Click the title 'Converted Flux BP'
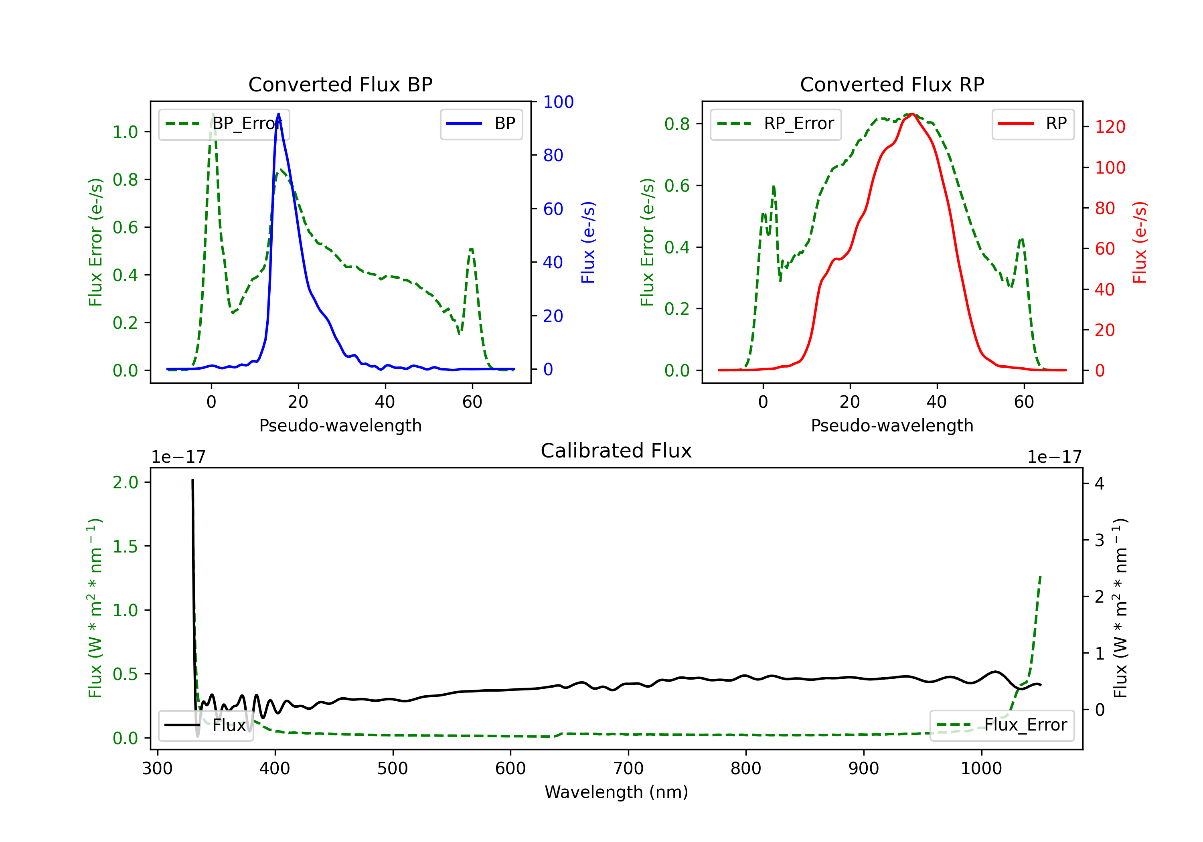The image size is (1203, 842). (x=340, y=84)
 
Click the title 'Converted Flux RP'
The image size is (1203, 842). (x=892, y=84)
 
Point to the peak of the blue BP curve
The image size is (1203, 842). (x=278, y=114)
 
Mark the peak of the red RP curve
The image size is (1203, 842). (x=912, y=114)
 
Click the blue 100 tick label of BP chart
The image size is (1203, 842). (x=558, y=102)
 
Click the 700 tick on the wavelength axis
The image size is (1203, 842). (x=628, y=769)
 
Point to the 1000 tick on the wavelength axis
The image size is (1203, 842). (x=981, y=769)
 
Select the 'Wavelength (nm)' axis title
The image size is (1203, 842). (x=616, y=792)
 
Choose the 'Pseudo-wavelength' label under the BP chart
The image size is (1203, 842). (x=340, y=425)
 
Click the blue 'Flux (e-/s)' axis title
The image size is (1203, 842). (x=588, y=242)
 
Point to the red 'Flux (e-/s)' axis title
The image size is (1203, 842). (x=1140, y=242)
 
